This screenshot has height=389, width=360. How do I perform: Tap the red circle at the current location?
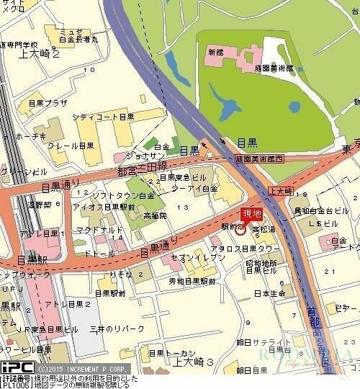[240, 230]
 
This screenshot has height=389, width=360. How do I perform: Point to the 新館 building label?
[216, 53]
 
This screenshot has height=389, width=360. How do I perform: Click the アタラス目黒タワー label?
[249, 248]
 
